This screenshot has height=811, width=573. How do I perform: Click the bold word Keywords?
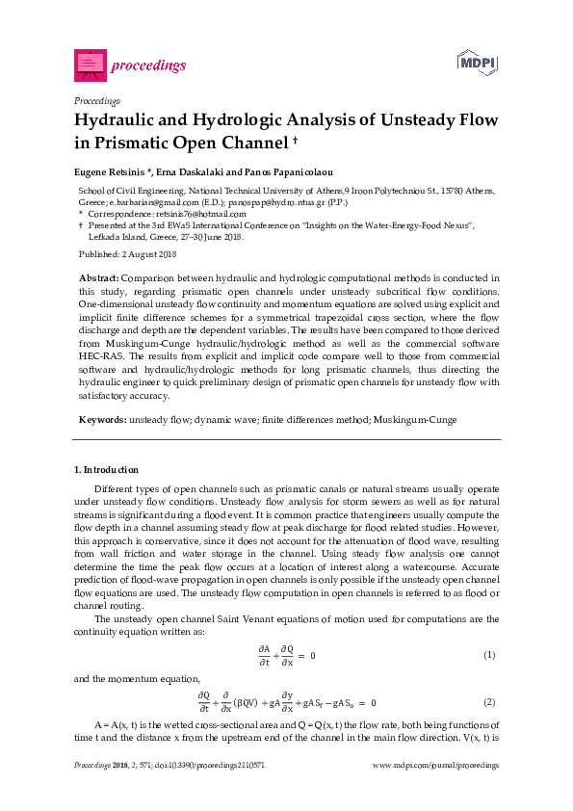coord(101,420)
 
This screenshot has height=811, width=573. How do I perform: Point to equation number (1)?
coord(489,655)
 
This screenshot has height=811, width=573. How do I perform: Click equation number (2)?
coord(489,702)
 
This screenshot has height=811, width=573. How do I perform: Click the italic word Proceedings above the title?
coord(96,100)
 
